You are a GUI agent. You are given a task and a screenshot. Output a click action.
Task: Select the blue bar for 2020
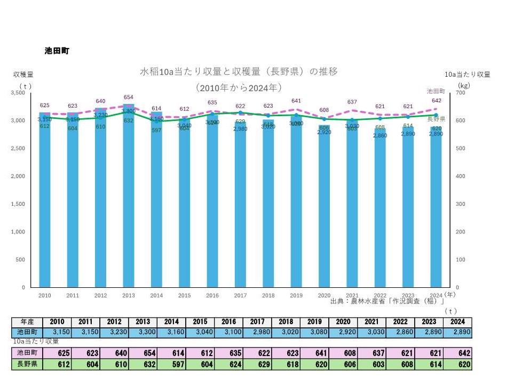click(325, 213)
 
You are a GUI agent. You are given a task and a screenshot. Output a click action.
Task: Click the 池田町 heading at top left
click(57, 51)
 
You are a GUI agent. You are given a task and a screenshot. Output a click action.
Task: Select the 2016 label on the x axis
click(212, 295)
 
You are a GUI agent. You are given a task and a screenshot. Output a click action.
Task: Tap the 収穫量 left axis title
click(23, 75)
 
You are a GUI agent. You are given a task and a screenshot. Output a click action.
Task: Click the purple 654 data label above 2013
click(129, 97)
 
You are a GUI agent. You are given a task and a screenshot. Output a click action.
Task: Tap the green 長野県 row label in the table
click(26, 365)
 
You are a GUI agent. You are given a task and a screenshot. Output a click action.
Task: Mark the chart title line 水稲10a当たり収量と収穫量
click(239, 71)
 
